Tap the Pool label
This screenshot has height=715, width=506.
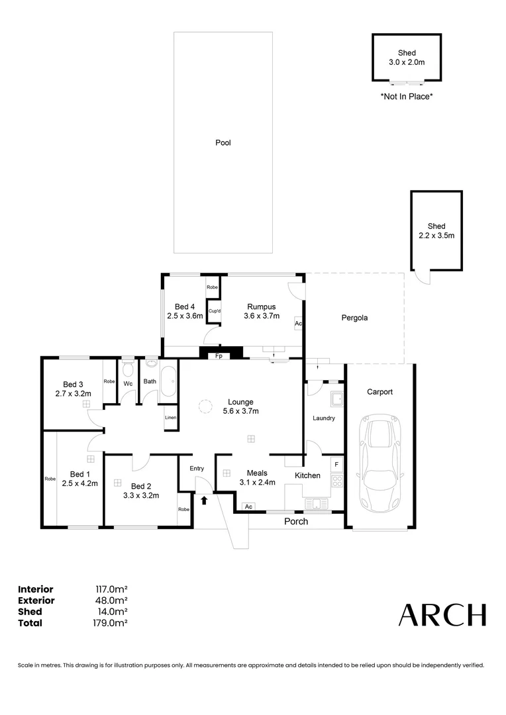223,142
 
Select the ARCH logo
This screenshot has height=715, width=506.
442,615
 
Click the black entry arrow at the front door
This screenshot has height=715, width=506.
204,501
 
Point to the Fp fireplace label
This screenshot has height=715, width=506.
218,356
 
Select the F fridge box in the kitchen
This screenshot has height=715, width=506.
336,465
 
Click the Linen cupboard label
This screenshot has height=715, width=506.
171,418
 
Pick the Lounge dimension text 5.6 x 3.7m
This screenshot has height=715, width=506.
240,411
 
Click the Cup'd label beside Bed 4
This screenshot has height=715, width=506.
214,311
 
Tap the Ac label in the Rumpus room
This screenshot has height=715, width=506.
299,324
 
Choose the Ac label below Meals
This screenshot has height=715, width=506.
248,506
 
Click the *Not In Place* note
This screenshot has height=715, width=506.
406,97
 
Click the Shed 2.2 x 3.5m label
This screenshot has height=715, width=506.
436,230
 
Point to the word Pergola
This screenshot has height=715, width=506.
354,318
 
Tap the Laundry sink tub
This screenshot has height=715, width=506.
336,399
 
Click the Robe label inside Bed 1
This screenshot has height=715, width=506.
50,479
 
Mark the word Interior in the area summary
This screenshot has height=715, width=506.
36,589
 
